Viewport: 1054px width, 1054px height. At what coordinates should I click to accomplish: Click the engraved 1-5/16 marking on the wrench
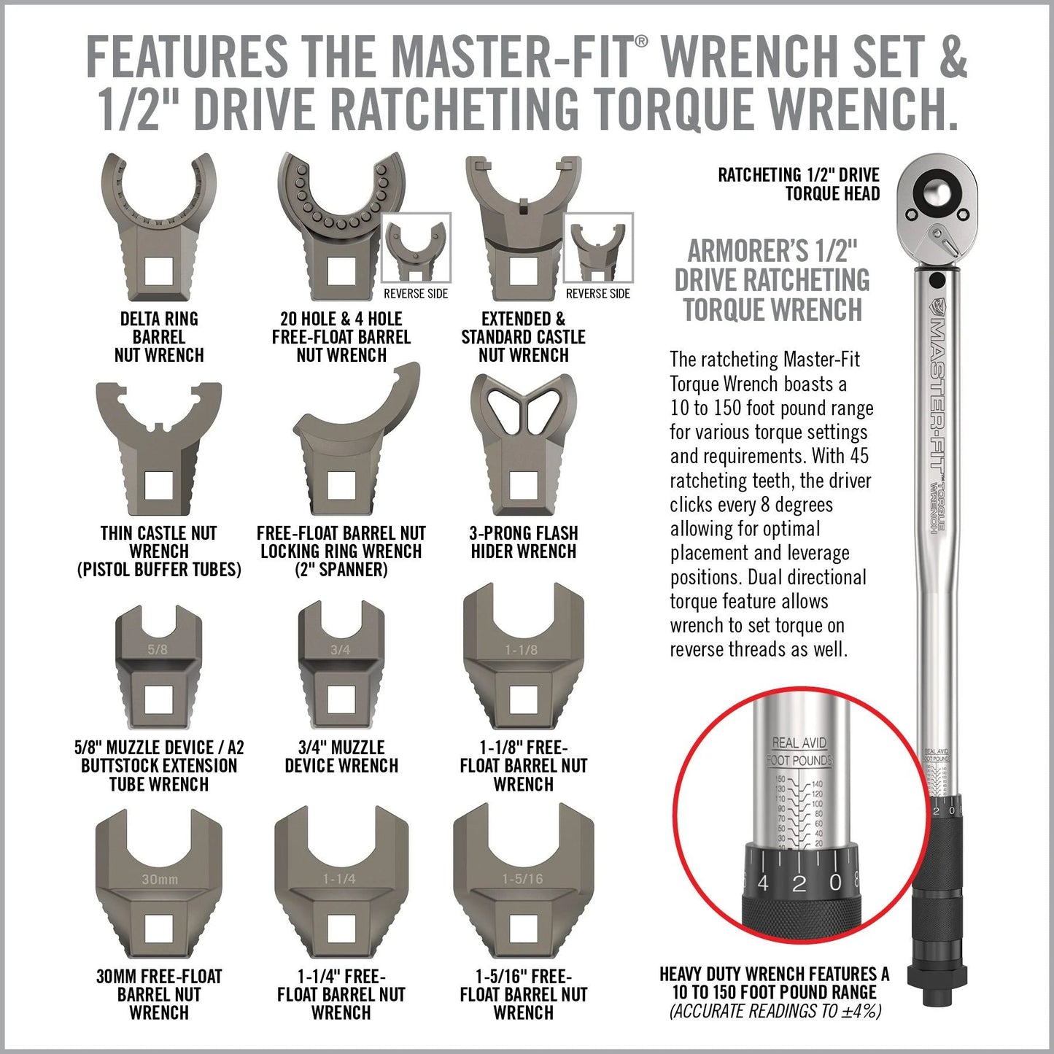point(523,879)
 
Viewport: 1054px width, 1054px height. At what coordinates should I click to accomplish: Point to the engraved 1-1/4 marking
point(340,879)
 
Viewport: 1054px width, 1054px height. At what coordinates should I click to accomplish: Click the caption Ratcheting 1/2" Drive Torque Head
point(799,184)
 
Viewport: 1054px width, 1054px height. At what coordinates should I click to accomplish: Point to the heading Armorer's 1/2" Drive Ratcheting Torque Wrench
point(772,281)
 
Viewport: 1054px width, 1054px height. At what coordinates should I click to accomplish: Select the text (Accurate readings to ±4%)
point(775,1011)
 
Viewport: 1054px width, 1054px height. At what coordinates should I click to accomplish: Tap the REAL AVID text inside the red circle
point(799,743)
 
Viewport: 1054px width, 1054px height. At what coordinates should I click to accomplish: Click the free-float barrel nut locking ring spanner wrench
point(350,445)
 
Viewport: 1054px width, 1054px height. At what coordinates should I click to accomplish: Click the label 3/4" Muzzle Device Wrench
point(341,756)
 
